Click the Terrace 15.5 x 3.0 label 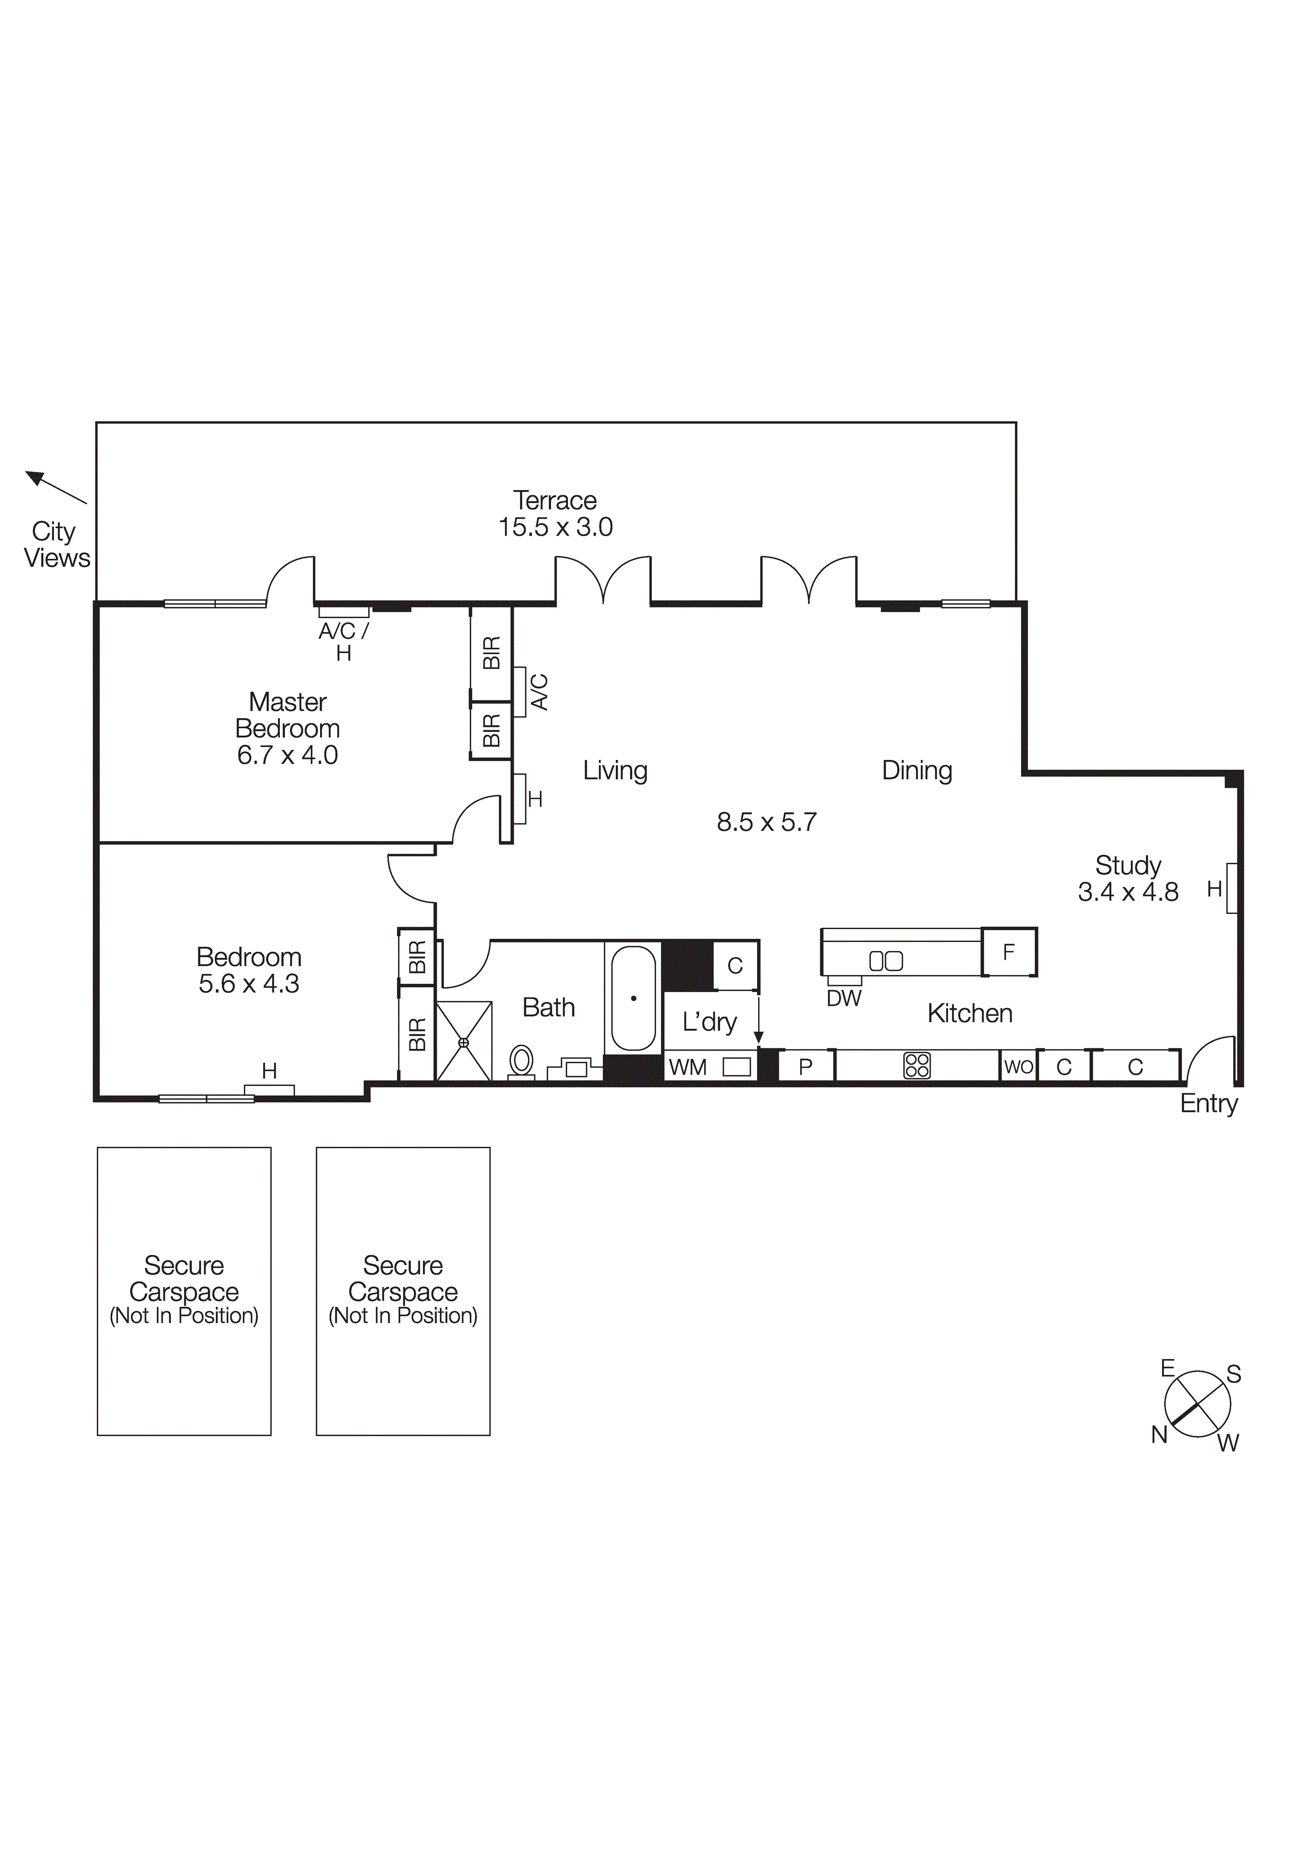[556, 514]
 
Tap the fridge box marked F [1009, 952]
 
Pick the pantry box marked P [805, 1067]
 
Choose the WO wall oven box [1018, 1066]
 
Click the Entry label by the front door [1208, 1103]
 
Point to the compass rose [1197, 1404]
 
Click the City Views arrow [55, 487]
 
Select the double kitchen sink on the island [886, 961]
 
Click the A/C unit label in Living [539, 692]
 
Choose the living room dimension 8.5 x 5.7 [766, 822]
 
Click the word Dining [916, 771]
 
